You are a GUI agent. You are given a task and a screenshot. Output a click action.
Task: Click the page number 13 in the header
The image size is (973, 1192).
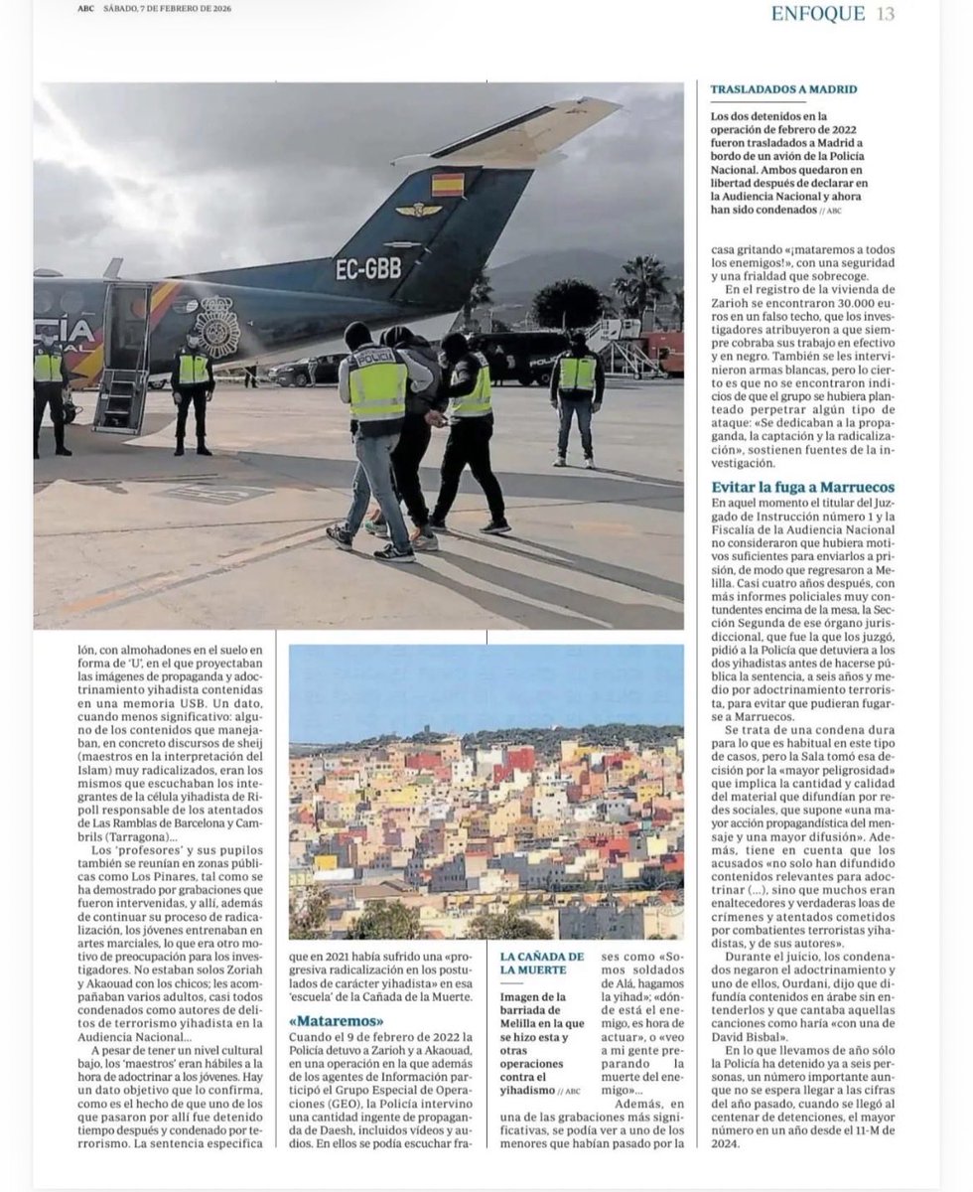coord(886,13)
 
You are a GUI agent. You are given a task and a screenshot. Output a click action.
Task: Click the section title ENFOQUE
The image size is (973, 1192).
coord(819,13)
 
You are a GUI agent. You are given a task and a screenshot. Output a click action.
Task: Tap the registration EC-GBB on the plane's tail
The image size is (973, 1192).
coord(367,269)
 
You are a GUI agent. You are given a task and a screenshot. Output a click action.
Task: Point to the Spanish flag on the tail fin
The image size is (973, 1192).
coord(448,185)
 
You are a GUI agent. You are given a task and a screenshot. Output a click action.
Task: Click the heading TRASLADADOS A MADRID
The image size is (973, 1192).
coord(783,89)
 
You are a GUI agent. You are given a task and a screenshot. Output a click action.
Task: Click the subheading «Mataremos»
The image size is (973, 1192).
coord(336,1020)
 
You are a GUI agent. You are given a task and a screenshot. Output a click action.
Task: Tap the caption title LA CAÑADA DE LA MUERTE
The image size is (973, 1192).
coord(541,963)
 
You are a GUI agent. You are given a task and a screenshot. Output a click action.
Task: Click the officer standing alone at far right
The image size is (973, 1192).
coord(576,395)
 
